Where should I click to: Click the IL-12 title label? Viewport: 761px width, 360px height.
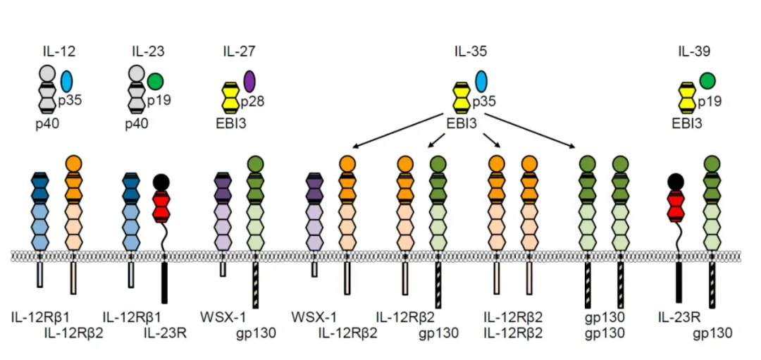coord(58,51)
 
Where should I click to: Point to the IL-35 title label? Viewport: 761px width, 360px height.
coord(470,51)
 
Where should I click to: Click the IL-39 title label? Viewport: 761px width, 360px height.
coord(693,51)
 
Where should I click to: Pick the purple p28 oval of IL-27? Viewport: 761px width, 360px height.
coord(249,82)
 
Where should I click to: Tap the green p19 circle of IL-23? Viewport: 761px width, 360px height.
coord(155,82)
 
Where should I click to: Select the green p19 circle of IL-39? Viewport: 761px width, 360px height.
coord(707,82)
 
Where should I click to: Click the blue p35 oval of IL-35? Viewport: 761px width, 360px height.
coord(481,82)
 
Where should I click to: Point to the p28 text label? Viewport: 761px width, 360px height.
coord(252,102)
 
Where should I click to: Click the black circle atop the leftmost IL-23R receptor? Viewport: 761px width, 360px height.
coord(161,182)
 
